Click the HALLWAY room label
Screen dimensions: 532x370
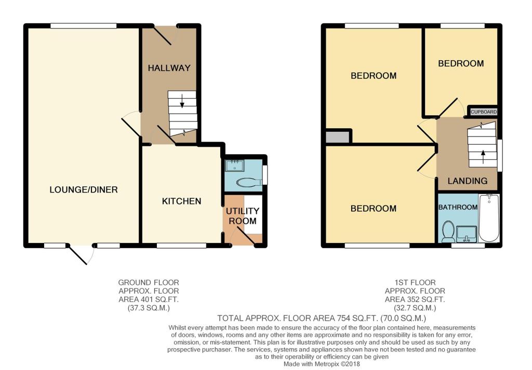pos(169,68)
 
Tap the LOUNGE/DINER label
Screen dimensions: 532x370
pos(84,190)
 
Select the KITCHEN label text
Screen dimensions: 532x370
pos(181,201)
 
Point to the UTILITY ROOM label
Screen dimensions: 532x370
pos(242,216)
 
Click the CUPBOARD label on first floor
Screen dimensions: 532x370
pos(484,112)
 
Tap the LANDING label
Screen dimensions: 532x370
pos(468,181)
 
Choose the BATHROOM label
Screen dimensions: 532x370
pos(458,207)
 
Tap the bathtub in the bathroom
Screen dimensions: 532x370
pos(488,217)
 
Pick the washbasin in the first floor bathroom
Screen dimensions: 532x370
pos(467,234)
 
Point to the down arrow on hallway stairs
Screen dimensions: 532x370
pos(182,101)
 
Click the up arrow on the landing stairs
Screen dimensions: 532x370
pos(483,157)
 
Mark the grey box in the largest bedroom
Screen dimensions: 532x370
pos(338,137)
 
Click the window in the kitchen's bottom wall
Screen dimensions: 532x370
pos(181,245)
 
